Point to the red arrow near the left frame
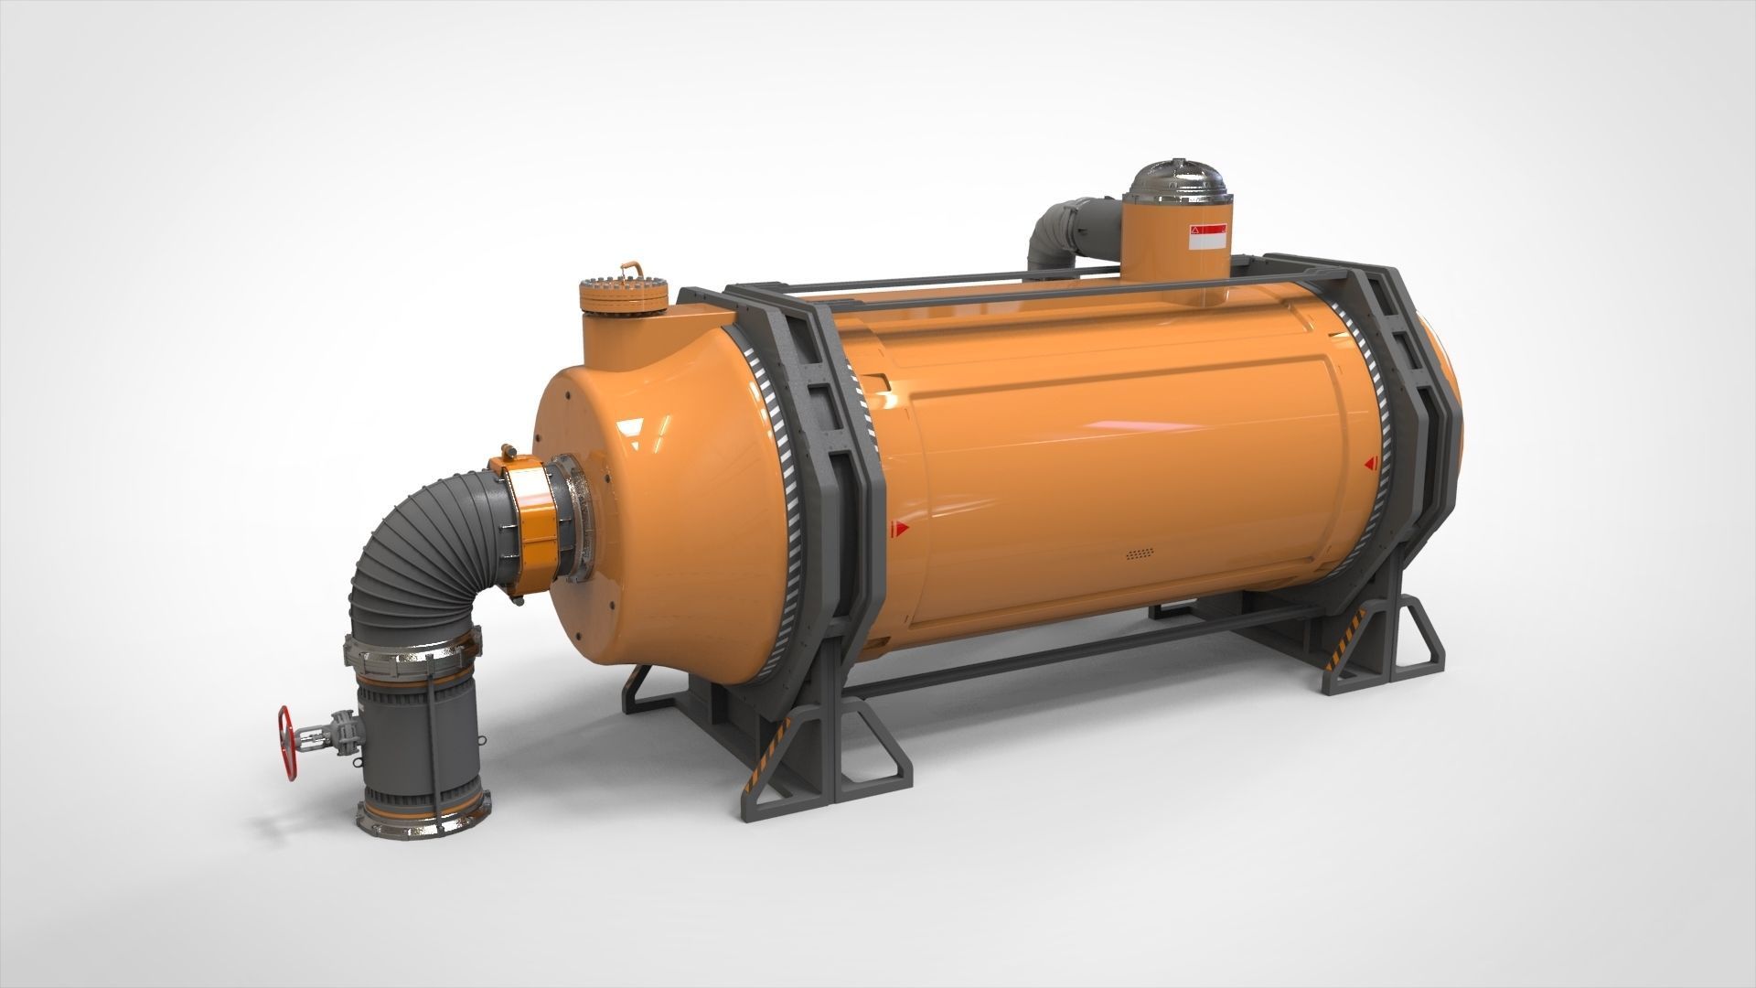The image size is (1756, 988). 902,528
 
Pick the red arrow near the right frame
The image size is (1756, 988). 1370,464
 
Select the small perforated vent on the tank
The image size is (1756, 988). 1138,554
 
